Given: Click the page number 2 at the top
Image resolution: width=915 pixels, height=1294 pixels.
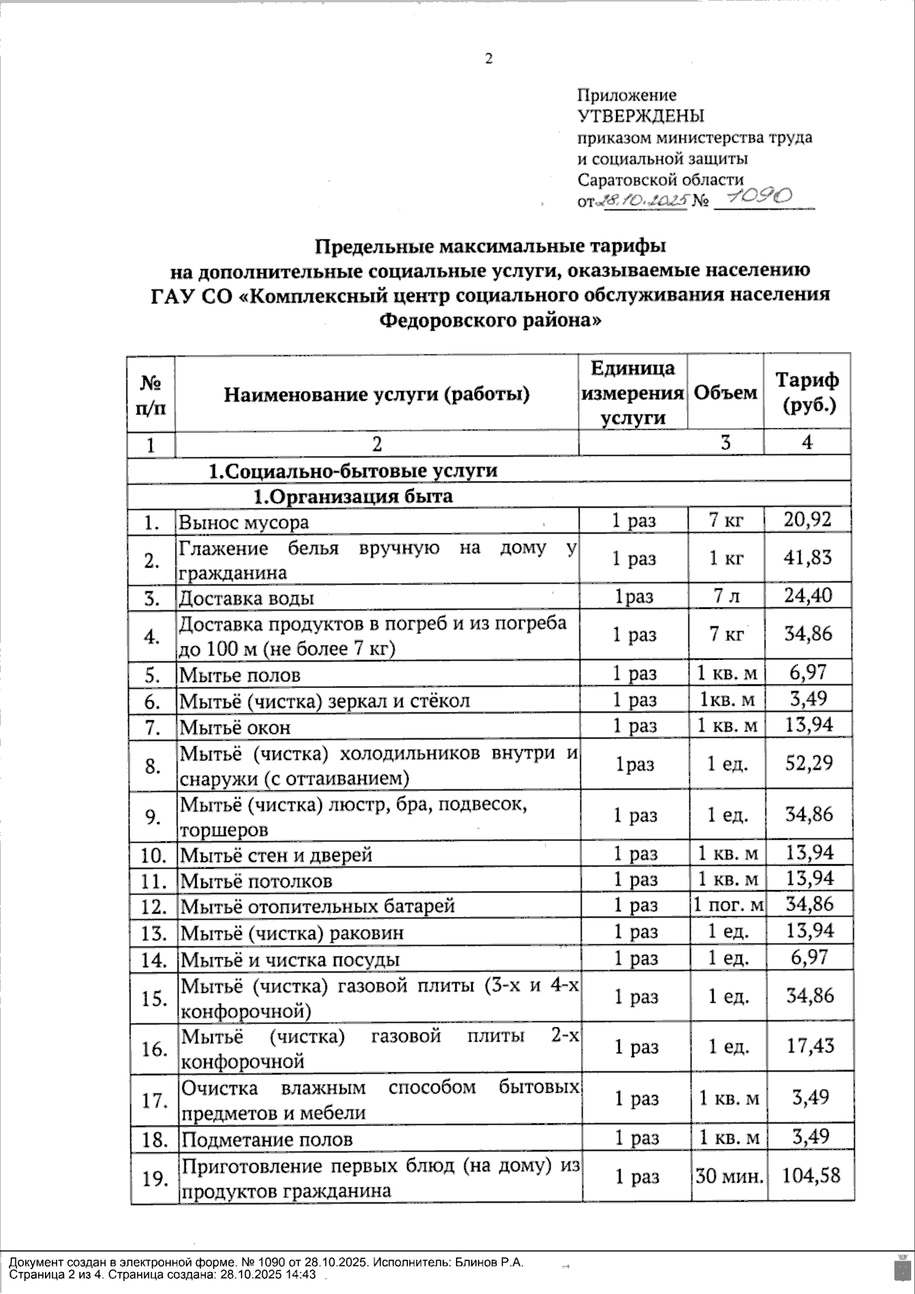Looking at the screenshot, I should point(489,59).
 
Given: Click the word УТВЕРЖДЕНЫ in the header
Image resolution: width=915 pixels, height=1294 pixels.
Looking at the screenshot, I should point(640,116).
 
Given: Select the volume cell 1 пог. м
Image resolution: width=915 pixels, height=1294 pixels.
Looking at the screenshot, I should point(727,905).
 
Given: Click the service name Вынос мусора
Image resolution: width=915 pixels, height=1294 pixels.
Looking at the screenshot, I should point(244,522).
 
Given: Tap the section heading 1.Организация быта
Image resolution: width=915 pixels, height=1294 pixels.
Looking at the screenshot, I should point(353,497).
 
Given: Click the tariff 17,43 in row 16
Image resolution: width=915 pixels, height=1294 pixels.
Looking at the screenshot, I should point(809,1046).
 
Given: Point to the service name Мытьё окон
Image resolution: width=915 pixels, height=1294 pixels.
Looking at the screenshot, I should point(235,727).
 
